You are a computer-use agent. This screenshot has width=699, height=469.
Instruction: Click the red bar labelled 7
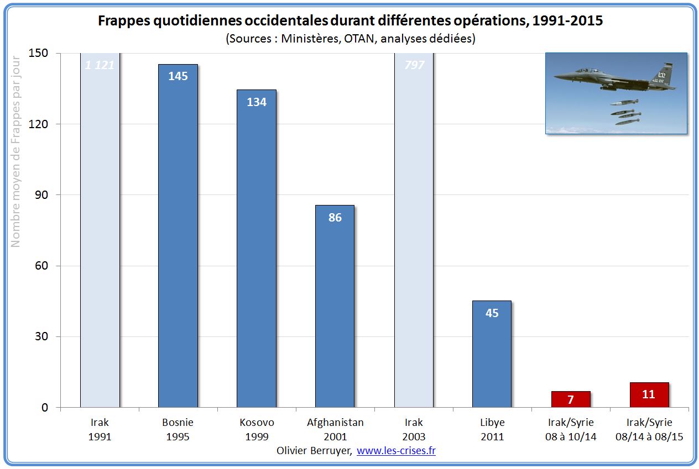(570, 399)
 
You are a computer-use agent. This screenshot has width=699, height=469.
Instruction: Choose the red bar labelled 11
(649, 394)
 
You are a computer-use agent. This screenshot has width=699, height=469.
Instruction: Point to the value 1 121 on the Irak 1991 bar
(100, 65)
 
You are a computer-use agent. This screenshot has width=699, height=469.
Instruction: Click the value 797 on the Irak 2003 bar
(414, 65)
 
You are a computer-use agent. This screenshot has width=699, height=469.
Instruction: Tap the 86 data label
(335, 218)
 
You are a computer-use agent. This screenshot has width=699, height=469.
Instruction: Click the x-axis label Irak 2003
(414, 429)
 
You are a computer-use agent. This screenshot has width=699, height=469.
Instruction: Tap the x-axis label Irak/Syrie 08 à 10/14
(570, 429)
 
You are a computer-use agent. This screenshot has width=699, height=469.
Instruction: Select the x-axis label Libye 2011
(492, 429)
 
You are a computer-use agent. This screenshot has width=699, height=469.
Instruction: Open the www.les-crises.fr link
(396, 451)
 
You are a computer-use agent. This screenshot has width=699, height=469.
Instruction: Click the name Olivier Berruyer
(314, 451)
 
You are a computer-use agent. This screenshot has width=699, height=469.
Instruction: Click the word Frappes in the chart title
(124, 22)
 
